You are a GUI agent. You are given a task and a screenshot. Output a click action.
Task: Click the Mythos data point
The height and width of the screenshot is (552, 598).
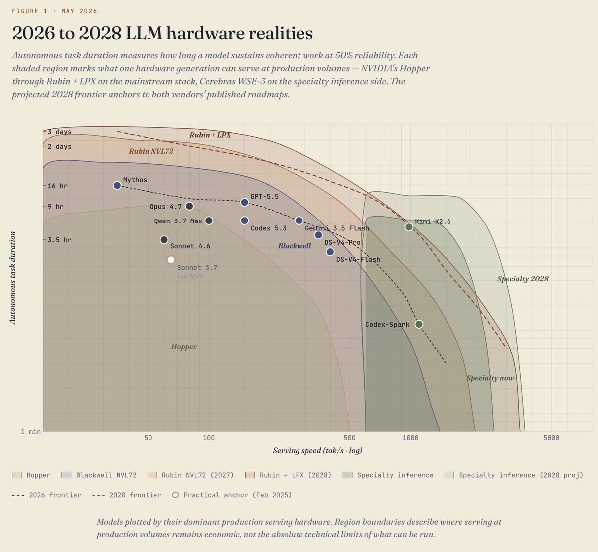(117, 186)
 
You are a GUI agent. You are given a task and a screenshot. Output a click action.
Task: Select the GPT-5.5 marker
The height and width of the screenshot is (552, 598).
(244, 202)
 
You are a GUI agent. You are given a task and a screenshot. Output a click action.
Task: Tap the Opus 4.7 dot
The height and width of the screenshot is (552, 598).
(189, 206)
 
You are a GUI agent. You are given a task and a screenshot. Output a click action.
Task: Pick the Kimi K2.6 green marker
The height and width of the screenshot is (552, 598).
(408, 227)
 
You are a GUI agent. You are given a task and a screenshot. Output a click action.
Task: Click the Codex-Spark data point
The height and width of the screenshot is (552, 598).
(419, 324)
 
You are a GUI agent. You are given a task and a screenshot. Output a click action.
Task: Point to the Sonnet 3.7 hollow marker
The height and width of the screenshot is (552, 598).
(171, 260)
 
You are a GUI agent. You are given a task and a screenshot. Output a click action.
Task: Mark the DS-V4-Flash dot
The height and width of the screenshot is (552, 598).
(330, 252)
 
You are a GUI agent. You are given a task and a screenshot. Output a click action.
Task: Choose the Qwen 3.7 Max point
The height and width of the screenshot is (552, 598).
(209, 221)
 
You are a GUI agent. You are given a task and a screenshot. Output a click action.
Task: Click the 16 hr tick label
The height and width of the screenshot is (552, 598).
(57, 186)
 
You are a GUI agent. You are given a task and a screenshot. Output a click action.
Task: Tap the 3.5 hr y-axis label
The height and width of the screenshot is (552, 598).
(60, 240)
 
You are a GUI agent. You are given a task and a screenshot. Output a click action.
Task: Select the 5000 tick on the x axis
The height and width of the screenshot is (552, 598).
(551, 438)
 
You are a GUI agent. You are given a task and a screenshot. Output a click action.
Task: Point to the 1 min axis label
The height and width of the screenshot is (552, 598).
(31, 432)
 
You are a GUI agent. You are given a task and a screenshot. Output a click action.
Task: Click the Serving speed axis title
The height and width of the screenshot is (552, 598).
(317, 450)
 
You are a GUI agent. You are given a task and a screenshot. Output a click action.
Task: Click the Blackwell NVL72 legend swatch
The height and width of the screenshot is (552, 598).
(66, 475)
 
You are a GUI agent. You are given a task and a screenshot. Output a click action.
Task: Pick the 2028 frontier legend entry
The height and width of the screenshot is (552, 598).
(126, 495)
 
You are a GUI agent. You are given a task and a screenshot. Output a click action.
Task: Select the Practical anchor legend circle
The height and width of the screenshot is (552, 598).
(175, 495)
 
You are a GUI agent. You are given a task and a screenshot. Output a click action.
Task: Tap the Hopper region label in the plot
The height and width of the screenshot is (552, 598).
(184, 347)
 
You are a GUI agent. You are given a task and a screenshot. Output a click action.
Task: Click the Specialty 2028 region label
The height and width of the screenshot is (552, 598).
(523, 279)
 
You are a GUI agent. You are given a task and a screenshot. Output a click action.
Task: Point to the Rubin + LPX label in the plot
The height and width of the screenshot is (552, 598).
(210, 135)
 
